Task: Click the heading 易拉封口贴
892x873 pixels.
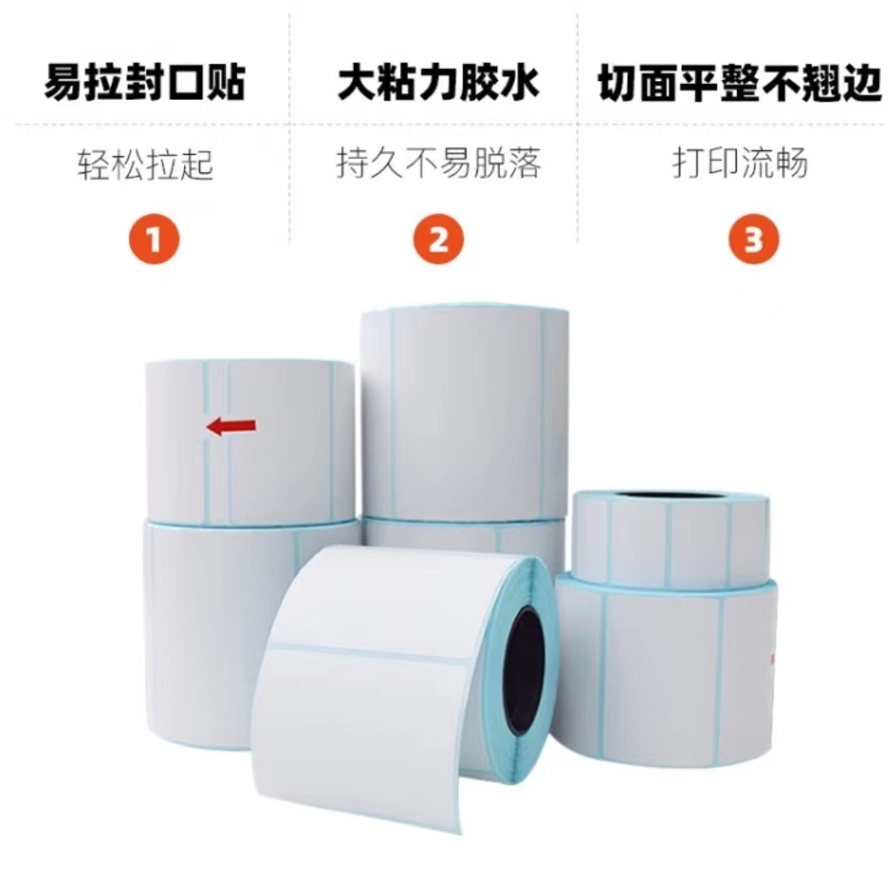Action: (x=144, y=83)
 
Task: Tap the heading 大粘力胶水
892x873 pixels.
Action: (x=437, y=83)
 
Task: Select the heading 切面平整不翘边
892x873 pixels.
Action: (x=739, y=83)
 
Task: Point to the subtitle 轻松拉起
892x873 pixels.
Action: (x=145, y=165)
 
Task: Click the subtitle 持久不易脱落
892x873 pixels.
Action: (x=438, y=163)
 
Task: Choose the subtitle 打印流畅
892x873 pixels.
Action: (x=740, y=163)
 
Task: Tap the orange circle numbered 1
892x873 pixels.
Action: (x=154, y=240)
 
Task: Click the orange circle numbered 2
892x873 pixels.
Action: (x=438, y=240)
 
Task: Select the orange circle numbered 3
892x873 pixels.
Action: (x=754, y=240)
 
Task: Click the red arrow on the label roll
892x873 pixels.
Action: (x=231, y=426)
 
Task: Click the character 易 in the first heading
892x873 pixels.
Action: (x=64, y=83)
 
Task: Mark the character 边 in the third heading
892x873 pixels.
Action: (x=862, y=84)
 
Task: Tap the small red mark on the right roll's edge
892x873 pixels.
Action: (x=773, y=659)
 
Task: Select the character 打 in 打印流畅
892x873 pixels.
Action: (x=689, y=163)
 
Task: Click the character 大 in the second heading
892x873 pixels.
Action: (x=356, y=83)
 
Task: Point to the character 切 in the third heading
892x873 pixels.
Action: (x=617, y=84)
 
